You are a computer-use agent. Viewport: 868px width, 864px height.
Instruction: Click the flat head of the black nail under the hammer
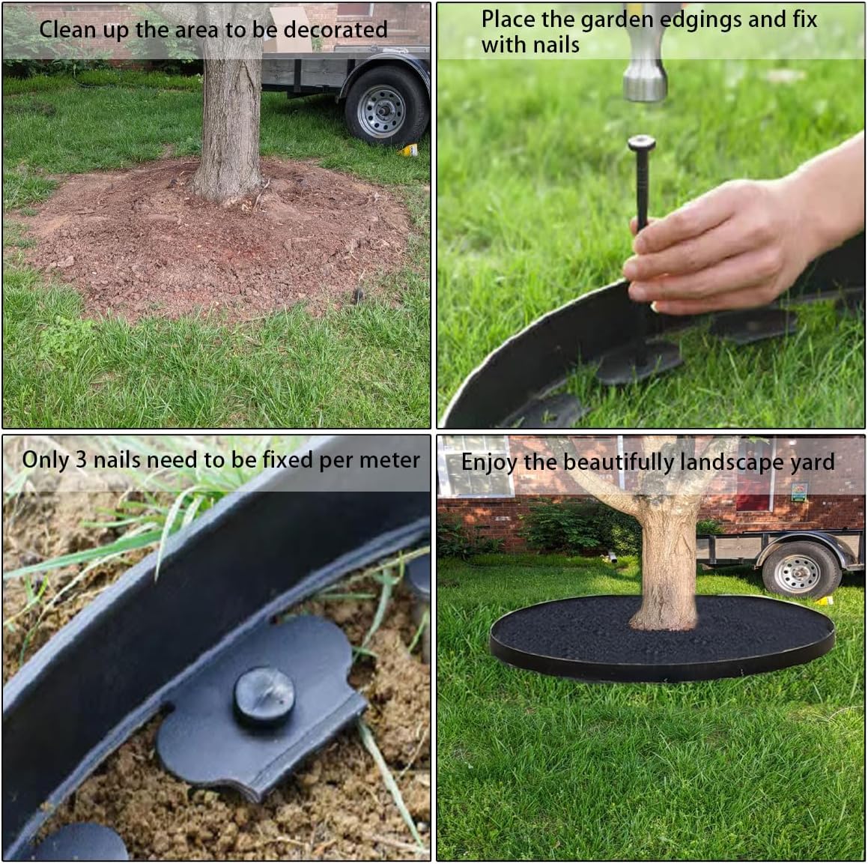[x=643, y=142]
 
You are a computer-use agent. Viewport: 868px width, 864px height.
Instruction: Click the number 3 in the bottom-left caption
[x=81, y=460]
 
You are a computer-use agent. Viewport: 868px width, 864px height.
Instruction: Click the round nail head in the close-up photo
[x=264, y=696]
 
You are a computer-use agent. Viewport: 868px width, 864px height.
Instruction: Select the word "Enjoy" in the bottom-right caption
[x=488, y=462]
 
